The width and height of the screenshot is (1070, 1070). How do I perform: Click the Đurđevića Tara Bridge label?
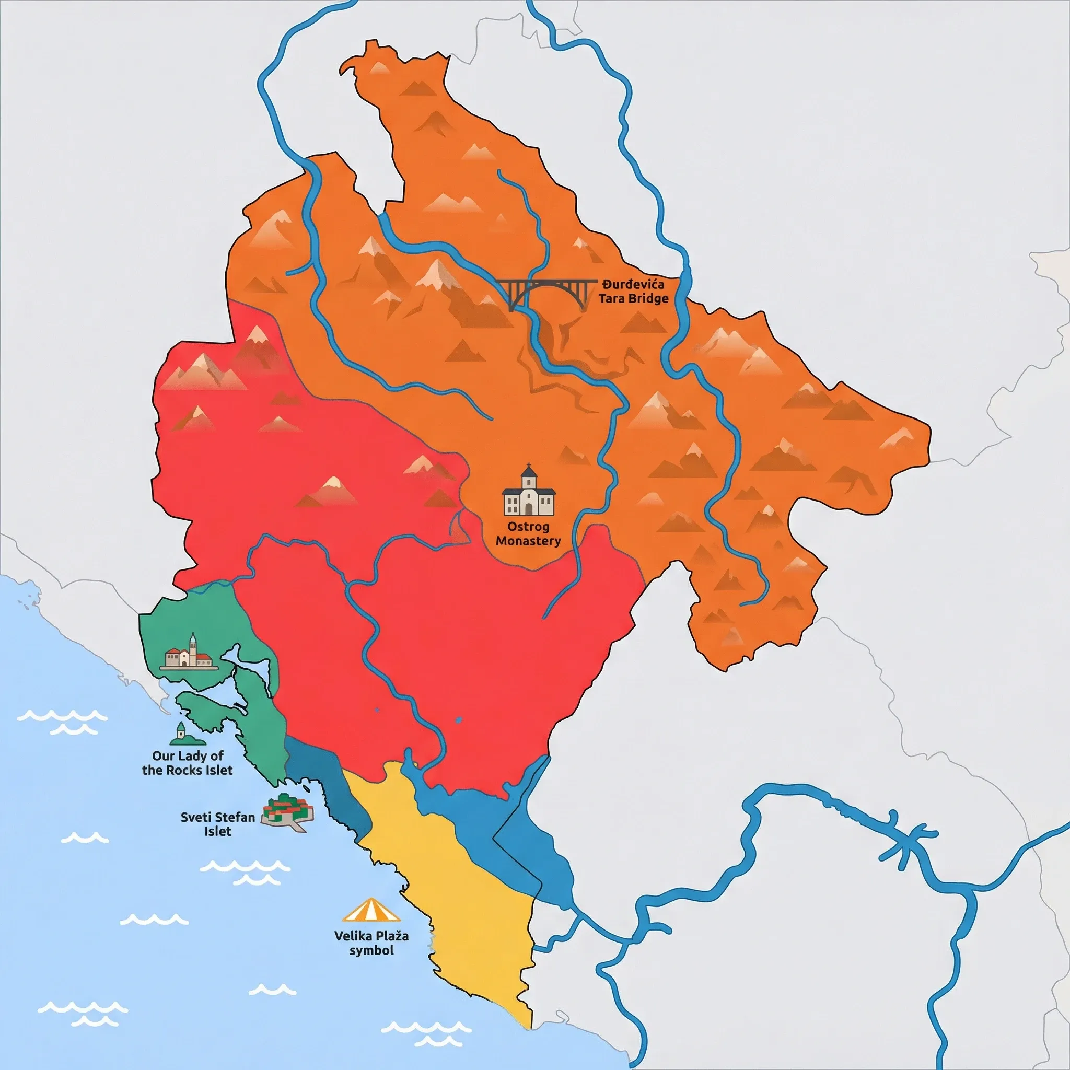pos(634,292)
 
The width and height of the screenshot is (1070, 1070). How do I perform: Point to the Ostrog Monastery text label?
pos(528,533)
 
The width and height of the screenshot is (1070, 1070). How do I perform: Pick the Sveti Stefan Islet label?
pos(218,824)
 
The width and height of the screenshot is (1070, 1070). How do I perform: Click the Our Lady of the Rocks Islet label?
pos(188,763)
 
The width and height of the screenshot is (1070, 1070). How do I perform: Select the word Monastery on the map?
pos(528,541)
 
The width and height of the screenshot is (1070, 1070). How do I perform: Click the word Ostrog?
pos(528,526)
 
